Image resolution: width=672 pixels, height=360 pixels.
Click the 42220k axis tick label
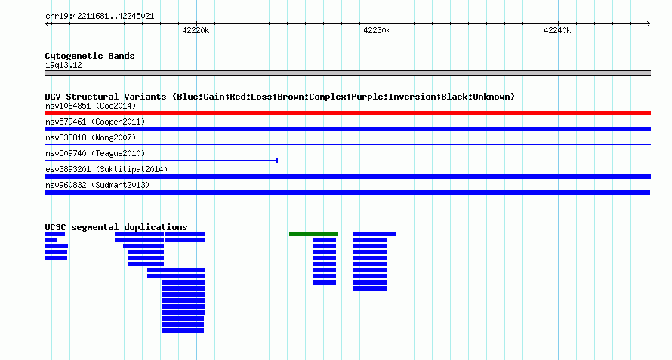196,30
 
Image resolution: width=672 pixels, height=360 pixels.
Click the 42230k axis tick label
377,30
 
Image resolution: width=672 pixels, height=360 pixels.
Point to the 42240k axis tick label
557,30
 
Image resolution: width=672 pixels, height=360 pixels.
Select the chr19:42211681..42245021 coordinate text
100,17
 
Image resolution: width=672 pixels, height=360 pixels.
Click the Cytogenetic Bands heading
90,56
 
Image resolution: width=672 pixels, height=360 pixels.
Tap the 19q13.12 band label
63,65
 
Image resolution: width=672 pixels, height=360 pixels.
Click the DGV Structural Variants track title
280,97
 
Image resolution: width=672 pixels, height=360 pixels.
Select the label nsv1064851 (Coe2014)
91,106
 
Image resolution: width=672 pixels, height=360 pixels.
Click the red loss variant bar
347,113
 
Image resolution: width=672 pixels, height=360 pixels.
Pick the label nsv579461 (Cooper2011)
95,122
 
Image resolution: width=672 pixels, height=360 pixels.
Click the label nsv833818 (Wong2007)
91,137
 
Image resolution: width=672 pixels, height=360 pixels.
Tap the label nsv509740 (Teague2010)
95,153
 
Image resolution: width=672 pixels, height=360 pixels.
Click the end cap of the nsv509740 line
277,161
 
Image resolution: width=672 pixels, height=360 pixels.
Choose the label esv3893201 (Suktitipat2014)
106,169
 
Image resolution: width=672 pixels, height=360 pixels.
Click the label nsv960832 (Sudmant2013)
97,185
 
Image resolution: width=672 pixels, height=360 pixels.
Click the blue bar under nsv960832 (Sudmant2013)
347,192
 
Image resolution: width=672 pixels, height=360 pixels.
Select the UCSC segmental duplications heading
116,227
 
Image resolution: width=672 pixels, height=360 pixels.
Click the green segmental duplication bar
313,234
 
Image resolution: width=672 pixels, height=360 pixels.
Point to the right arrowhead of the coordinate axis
649,23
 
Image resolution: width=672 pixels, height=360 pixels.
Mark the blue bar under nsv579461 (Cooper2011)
347,129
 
